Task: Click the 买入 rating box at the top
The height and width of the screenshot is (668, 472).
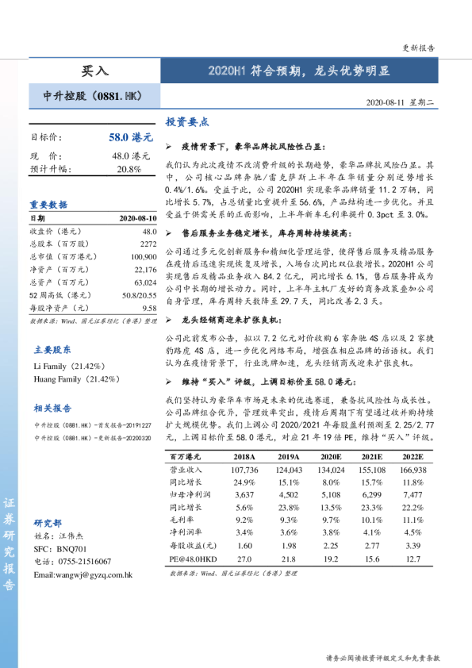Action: (95, 71)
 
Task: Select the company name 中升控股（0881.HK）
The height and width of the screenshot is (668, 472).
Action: (92, 96)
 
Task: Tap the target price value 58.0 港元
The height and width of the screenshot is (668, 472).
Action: (130, 137)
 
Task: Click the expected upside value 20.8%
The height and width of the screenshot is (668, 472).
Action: (129, 169)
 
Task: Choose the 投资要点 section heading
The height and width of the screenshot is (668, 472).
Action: (186, 122)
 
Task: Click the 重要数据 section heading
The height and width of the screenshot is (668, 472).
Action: (49, 204)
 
